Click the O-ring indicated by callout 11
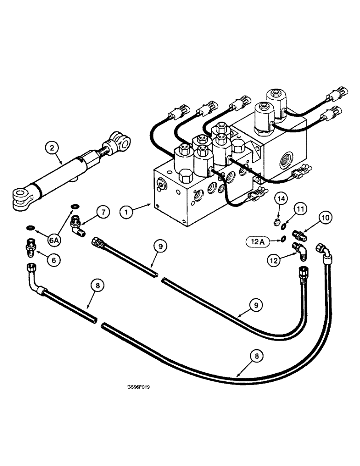[x=284, y=227]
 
